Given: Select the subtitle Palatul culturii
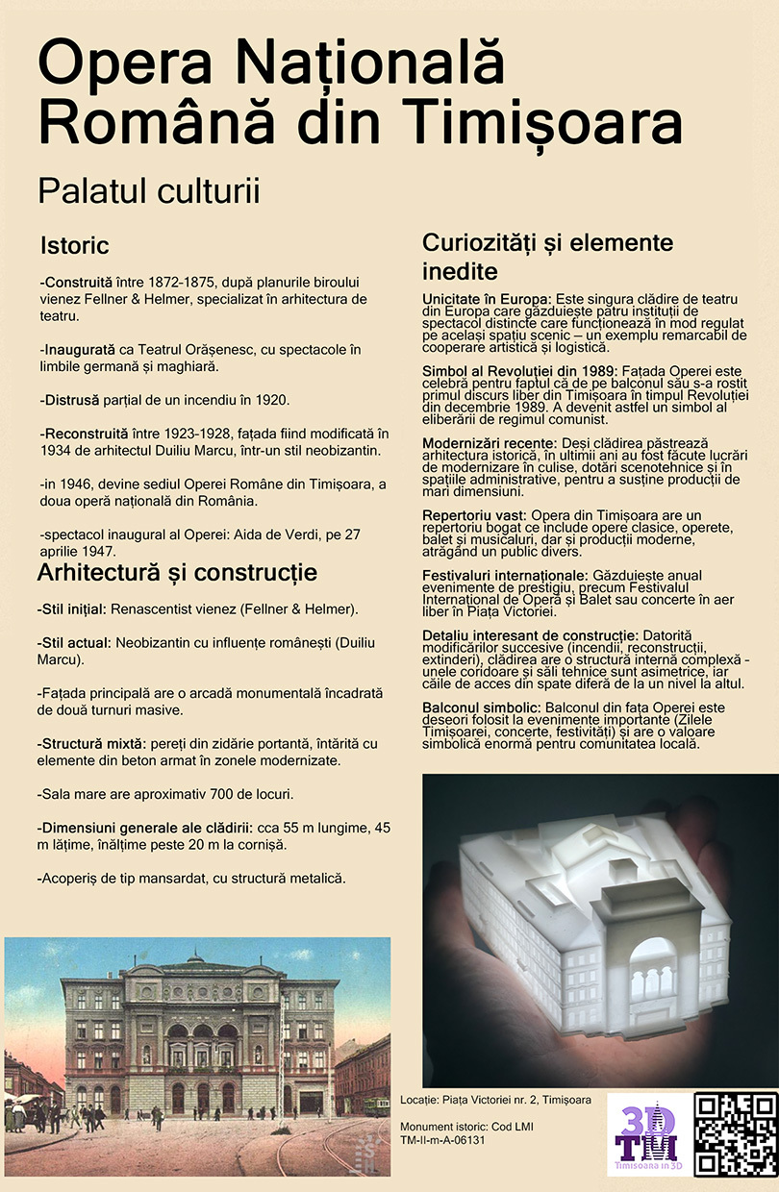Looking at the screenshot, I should pos(149,191).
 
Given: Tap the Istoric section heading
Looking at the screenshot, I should pos(74,246).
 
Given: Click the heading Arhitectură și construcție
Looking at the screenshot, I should pos(177,574).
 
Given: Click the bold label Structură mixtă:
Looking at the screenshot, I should pos(91,744).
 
